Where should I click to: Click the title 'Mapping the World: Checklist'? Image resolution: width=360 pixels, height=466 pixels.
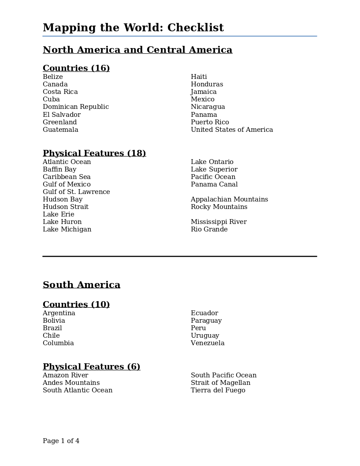[x=133, y=28]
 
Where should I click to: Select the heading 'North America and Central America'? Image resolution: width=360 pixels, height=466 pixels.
[x=137, y=50]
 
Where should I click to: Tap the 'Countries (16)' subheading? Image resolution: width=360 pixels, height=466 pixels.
[x=76, y=68]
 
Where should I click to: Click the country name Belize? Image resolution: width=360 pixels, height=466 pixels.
[x=53, y=77]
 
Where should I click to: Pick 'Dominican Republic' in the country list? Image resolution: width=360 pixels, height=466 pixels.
[x=76, y=107]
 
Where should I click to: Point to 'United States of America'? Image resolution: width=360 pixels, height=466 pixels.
[x=232, y=130]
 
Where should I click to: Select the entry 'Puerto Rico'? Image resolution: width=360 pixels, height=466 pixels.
[x=210, y=122]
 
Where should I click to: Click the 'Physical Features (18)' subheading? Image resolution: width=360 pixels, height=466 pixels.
[x=94, y=153]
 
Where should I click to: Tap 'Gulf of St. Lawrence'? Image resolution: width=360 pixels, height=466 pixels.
[x=76, y=192]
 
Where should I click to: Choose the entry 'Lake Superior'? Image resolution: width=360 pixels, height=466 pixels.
[x=214, y=169]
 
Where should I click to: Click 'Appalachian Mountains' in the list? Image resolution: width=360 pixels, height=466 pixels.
[x=229, y=199]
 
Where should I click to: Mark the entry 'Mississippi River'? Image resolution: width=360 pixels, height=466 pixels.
[x=219, y=222]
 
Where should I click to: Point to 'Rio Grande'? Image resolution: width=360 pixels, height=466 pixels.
[x=209, y=229]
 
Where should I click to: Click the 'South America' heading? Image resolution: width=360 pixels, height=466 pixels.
[x=82, y=285]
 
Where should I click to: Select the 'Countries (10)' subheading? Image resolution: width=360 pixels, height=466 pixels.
[x=76, y=304]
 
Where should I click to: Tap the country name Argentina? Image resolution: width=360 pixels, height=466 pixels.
[x=59, y=313]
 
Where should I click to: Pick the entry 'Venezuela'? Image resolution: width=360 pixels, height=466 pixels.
[x=208, y=343]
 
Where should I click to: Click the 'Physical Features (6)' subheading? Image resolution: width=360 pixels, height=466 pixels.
[x=91, y=366]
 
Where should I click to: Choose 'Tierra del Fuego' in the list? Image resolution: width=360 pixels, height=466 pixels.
[x=218, y=390]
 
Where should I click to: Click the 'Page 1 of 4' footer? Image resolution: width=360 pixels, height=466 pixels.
[x=61, y=441]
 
